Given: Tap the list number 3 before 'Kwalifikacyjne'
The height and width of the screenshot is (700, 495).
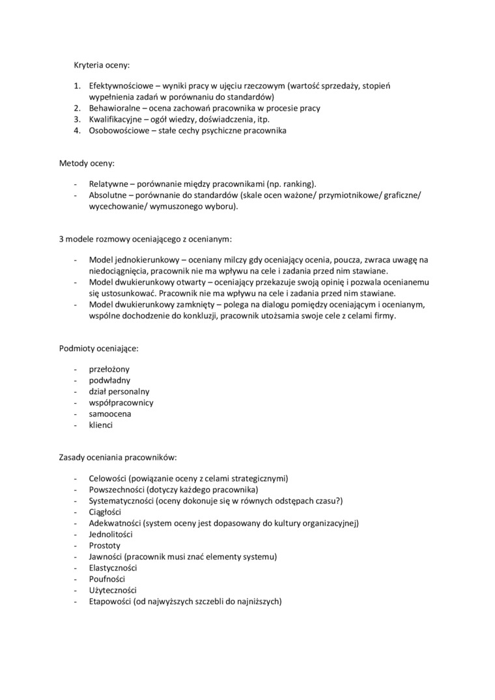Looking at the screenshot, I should [x=76, y=119].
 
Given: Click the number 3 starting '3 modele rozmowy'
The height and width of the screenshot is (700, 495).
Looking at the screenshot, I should [x=61, y=238].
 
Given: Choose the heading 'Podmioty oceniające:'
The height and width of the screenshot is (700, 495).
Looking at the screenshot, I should [x=99, y=348].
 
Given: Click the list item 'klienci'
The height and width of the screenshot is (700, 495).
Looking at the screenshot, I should [x=101, y=425].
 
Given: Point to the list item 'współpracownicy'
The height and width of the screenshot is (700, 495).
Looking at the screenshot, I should [x=121, y=402].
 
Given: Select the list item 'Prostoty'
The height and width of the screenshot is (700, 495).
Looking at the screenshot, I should [x=105, y=545].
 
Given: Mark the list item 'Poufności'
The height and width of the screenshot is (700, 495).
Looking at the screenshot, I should [x=107, y=578].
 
